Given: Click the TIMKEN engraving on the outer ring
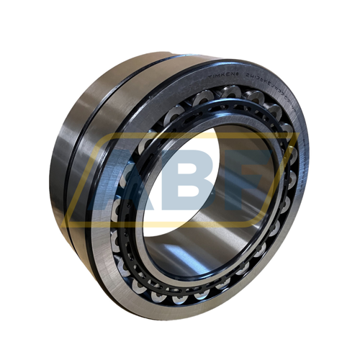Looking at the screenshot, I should click(x=225, y=73).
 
